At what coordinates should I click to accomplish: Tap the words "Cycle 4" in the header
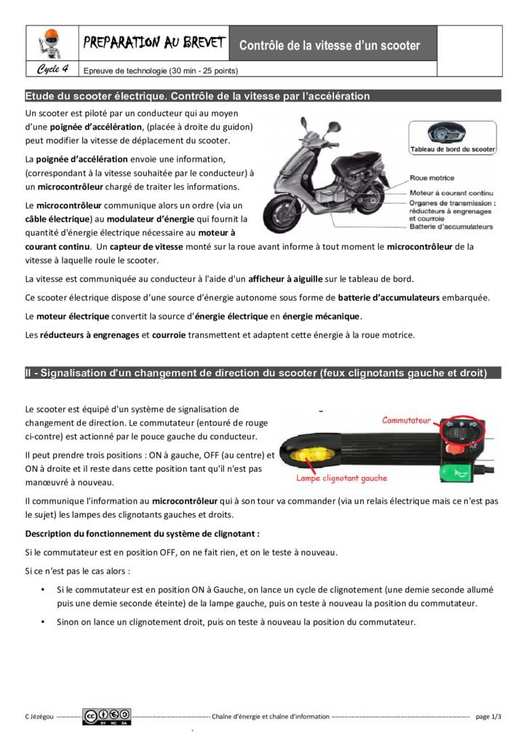pos(52,70)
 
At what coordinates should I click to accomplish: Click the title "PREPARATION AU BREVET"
pos(154,43)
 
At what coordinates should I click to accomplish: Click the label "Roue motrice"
pos(432,178)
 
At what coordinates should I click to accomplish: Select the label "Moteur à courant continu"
pos(452,193)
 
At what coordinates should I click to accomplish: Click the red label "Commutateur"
pos(407,420)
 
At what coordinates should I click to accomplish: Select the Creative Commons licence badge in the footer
pos(106,717)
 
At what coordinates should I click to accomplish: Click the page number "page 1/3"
pos(488,717)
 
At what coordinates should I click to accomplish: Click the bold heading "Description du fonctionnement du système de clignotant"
pos(142,533)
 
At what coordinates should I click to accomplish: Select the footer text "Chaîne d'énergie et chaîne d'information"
pos(270,717)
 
